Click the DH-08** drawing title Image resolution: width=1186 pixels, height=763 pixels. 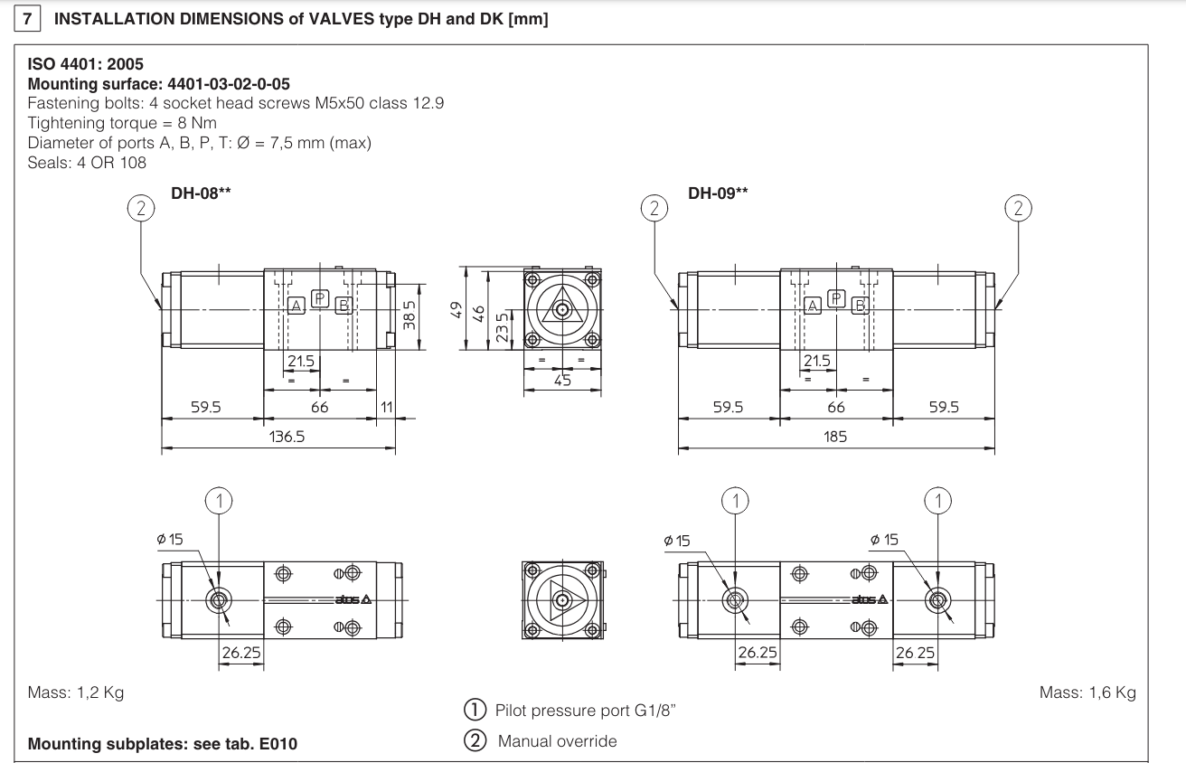tap(201, 193)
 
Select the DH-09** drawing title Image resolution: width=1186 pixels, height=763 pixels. tap(718, 193)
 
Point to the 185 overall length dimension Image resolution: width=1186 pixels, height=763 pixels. tap(835, 437)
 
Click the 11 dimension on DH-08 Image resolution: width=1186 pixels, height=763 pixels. tap(386, 408)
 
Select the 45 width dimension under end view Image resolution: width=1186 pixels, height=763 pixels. tap(562, 381)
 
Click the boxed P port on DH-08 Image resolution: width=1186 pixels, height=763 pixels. tap(319, 298)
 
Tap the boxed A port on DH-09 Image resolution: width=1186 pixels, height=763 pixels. tap(813, 306)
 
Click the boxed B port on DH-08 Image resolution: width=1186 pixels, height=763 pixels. tap(343, 306)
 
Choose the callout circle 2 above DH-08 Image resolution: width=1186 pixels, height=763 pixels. tap(139, 208)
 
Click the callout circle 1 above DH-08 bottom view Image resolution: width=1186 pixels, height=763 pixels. tap(219, 499)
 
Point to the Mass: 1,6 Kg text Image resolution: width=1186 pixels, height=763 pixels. tap(1087, 692)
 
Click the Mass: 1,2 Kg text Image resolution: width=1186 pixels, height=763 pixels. tap(76, 692)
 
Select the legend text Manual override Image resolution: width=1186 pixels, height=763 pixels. tap(557, 741)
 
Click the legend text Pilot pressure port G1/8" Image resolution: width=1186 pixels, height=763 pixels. tap(586, 710)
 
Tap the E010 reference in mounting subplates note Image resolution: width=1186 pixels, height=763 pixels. tap(274, 745)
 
